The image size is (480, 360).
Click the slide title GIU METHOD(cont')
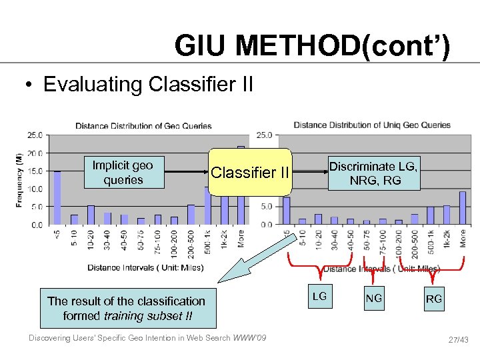coord(312,46)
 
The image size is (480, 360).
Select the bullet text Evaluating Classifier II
coord(148,85)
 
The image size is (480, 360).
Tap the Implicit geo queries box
coord(123,173)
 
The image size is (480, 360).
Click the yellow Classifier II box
coord(250,173)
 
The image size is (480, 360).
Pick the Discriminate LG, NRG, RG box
coord(373,173)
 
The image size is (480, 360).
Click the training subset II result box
coord(127,308)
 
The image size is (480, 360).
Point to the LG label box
coord(320,296)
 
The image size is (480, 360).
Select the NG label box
coord(374,298)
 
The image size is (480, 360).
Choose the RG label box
coord(433,299)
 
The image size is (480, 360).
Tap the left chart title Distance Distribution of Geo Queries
coord(143,125)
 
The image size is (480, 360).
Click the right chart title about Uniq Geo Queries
coord(372,125)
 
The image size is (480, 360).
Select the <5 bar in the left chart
coord(57,197)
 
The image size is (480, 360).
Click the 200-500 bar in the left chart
coord(191,214)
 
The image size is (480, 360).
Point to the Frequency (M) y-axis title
coord(19,179)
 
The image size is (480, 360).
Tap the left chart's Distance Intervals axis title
coord(145,267)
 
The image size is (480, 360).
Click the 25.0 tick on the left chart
coord(35,135)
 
